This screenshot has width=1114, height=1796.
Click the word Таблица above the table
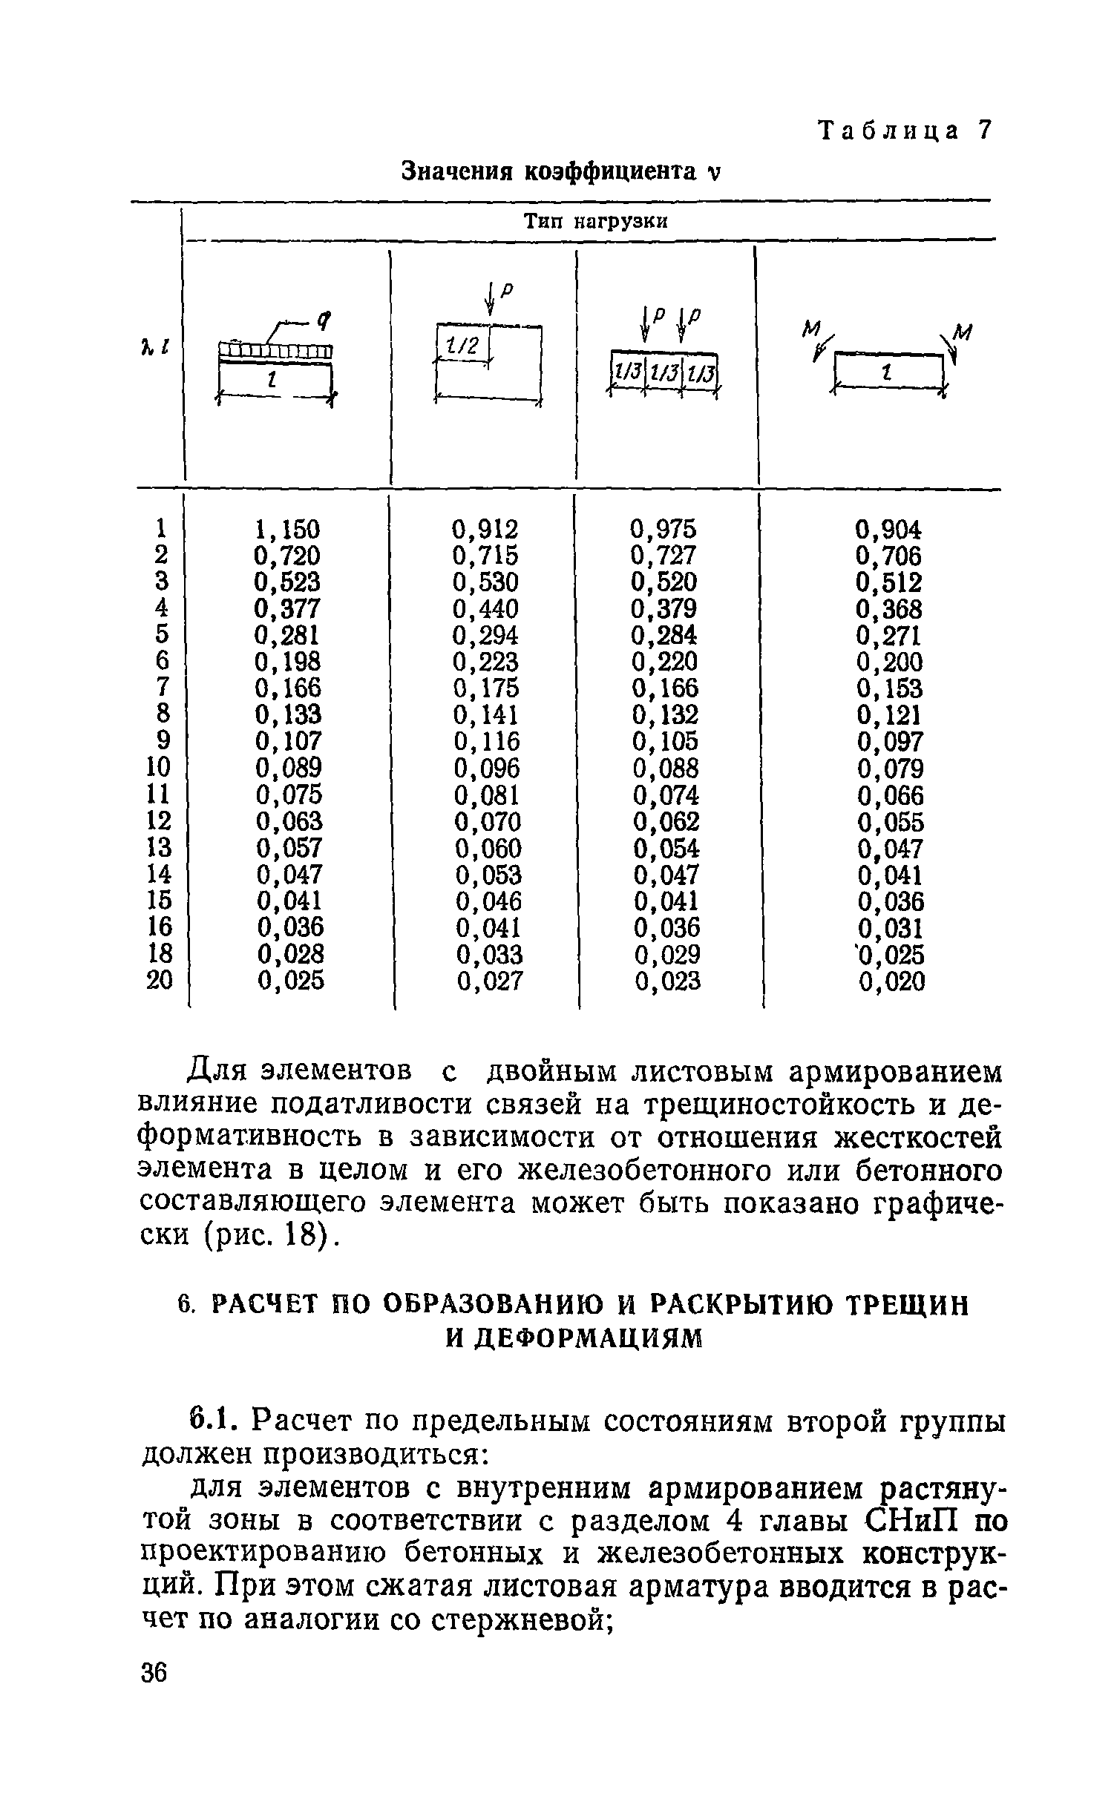[x=887, y=131]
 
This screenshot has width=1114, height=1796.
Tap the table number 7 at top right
[x=983, y=131]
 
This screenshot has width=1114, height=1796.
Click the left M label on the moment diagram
[x=812, y=329]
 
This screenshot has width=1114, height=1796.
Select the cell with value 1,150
[x=287, y=530]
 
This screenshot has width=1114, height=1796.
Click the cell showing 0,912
[x=485, y=530]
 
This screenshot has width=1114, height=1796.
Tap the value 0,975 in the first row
[x=664, y=530]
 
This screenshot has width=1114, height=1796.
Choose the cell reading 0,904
[x=888, y=530]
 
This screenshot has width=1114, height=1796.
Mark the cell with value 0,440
[x=486, y=609]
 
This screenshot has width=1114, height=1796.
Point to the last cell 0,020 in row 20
[x=891, y=981]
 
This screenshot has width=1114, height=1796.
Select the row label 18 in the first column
[x=160, y=954]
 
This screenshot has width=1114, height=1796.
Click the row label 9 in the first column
[x=163, y=741]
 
